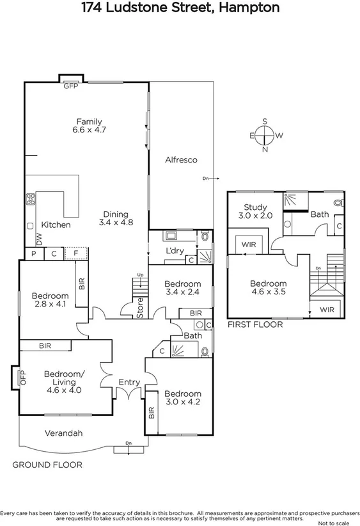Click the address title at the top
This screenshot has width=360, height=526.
point(180,8)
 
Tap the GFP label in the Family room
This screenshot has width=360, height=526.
point(70,86)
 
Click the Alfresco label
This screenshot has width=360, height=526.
point(181,160)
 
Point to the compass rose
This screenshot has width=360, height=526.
point(265,136)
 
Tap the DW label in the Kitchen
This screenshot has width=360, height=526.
point(40,239)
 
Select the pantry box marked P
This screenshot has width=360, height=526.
point(34,254)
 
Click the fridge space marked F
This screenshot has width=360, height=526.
point(77,254)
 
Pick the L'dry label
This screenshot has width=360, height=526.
point(175,250)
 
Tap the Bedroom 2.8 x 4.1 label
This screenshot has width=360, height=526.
point(50,300)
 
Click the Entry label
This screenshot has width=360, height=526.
point(129,382)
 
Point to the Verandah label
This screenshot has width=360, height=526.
point(64,433)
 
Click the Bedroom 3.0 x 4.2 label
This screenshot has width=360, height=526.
point(183,398)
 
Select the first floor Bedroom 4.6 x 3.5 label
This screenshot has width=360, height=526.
point(268,288)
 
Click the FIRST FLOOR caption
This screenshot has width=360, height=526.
point(255,324)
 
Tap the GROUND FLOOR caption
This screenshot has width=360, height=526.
point(47,465)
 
